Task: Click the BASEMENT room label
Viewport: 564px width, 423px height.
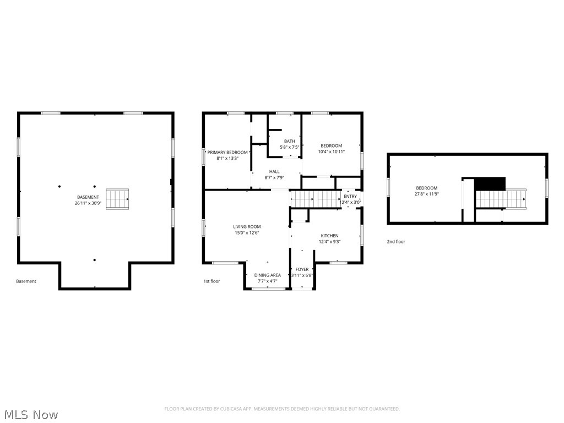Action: point(88,197)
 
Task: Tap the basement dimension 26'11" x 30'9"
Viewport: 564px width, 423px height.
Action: point(88,203)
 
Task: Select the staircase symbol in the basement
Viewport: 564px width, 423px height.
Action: point(117,199)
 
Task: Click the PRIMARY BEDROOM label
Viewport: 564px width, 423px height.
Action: point(227,152)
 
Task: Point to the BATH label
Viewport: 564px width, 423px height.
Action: point(289,142)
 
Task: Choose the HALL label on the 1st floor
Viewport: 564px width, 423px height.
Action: point(274,172)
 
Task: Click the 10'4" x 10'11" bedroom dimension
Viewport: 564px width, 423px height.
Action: point(332,151)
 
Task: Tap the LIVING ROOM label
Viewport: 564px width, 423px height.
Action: point(247,227)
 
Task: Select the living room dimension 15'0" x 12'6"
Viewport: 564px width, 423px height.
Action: point(247,233)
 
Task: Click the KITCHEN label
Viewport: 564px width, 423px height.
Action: point(330,236)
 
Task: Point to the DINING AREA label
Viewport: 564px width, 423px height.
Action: point(268,275)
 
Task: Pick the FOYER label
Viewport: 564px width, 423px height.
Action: point(302,269)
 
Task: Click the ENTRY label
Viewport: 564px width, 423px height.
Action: point(350,197)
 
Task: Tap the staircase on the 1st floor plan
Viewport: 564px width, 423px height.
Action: point(315,198)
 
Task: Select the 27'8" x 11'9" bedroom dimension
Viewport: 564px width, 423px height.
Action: point(427,194)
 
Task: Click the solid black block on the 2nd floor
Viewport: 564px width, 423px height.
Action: point(490,183)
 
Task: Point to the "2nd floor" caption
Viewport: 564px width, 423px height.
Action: point(396,242)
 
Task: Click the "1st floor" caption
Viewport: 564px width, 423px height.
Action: point(211,281)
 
